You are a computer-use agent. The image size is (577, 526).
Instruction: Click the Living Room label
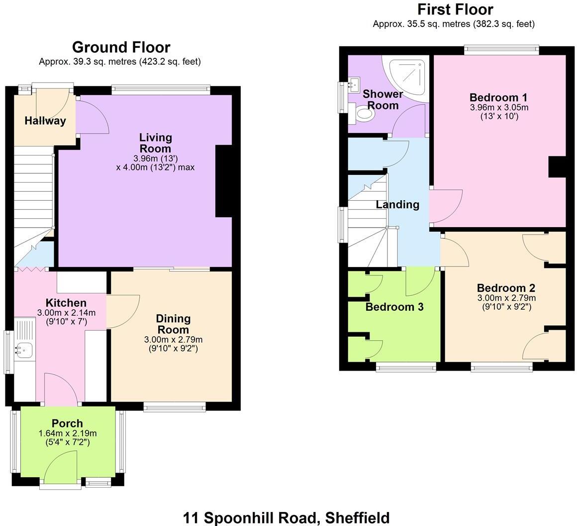tap(155, 142)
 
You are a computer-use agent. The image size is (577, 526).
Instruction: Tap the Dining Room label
tap(173, 324)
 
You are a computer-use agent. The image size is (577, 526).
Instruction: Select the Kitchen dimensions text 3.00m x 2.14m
tap(66, 313)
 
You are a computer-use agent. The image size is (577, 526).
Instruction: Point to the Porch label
tap(67, 423)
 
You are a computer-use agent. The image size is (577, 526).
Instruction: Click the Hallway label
tap(45, 121)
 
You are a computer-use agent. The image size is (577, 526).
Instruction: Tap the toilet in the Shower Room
tap(363, 114)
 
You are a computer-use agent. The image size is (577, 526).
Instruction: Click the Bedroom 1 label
tap(498, 97)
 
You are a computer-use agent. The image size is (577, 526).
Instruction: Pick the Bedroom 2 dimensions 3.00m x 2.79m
tap(506, 298)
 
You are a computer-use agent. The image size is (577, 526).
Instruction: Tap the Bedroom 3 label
tap(394, 307)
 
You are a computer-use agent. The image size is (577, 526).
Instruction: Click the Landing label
tap(397, 204)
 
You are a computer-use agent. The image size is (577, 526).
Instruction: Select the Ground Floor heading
tap(121, 47)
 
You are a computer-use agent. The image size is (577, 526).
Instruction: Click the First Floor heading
tap(455, 9)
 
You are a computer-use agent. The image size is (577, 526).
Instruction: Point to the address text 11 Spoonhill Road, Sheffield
tap(286, 518)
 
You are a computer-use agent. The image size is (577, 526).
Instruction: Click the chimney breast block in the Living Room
tap(224, 181)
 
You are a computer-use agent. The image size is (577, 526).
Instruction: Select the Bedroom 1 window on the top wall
tap(501, 50)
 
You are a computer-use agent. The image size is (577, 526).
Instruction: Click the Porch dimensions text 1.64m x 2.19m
tap(67, 433)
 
